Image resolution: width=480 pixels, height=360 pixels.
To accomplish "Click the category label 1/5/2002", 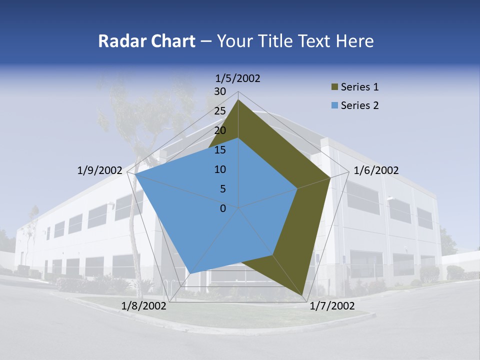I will point(237,78).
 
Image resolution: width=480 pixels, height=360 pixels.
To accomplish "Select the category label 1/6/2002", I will point(376,170).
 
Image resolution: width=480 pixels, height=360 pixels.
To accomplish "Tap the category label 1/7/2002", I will point(332,306).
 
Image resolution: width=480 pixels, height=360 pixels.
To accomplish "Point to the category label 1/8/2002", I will point(144,306).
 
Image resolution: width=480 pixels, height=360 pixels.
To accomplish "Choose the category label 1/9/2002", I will point(99,170).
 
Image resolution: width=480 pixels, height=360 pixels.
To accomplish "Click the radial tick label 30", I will point(220,91).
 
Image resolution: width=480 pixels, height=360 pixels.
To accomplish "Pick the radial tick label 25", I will point(220,111).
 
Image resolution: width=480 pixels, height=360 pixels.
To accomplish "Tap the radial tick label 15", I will point(220,150).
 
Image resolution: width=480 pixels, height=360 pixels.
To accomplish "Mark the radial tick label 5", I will point(222,189).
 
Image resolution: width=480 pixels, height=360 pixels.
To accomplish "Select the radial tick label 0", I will point(223,208).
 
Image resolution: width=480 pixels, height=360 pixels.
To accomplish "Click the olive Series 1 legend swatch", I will point(334,87).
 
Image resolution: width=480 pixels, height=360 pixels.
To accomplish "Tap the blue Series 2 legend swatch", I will point(334,105).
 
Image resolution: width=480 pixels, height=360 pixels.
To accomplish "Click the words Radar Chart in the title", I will point(146,41).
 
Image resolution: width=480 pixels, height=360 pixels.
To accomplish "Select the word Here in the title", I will point(354,41).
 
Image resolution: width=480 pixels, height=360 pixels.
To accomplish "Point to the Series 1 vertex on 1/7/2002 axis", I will point(302,295).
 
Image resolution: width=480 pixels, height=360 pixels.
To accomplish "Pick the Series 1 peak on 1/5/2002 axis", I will point(238,99).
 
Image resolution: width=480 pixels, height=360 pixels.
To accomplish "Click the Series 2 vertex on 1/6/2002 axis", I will point(297,188).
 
